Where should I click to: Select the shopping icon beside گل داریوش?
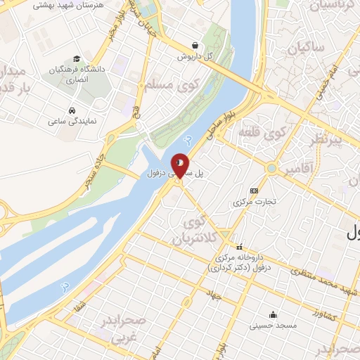[195, 45]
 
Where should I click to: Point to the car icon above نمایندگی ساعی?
[72, 110]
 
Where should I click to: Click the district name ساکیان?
[304, 48]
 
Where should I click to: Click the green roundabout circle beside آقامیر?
[271, 168]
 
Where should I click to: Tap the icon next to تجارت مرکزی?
[254, 191]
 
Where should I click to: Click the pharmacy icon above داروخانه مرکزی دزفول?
[240, 246]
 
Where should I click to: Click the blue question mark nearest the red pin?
[186, 139]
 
